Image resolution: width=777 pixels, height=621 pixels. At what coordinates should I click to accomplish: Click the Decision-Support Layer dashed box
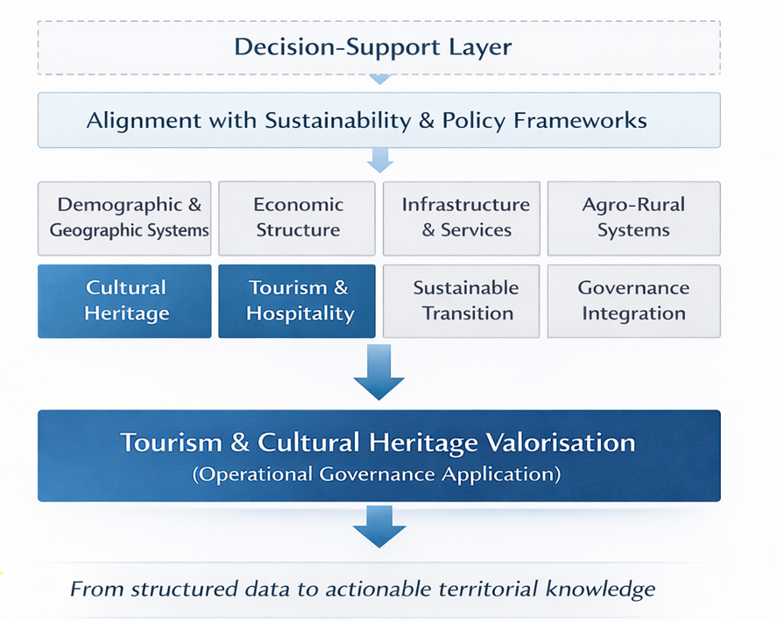tap(379, 47)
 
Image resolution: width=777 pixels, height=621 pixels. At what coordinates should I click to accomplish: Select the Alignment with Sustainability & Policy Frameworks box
tap(379, 120)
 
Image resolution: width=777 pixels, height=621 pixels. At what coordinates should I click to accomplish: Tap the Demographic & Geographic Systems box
tap(124, 219)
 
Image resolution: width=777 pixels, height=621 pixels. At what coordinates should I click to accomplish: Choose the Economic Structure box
tap(297, 219)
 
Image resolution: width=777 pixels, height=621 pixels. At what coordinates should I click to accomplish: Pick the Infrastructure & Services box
tap(462, 219)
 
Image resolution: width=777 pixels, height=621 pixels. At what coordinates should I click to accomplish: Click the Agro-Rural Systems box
tap(634, 219)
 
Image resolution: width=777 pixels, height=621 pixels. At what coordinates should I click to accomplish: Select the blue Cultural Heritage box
tap(124, 301)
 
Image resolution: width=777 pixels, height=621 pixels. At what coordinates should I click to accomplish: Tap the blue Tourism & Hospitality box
tap(297, 301)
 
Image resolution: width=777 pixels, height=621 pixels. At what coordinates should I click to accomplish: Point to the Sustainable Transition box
tap(462, 301)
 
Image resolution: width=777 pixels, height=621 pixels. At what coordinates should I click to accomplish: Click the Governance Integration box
tap(634, 301)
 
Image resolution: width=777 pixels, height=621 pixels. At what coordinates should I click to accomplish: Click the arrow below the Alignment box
tap(380, 160)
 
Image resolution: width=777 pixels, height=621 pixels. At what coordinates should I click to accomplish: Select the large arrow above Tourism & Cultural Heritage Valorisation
tap(379, 372)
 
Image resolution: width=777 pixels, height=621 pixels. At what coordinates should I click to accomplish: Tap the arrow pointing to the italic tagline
tap(379, 526)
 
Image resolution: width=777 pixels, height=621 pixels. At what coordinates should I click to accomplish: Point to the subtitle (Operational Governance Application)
tap(377, 475)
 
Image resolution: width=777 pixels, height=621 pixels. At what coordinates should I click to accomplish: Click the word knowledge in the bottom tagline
tap(600, 589)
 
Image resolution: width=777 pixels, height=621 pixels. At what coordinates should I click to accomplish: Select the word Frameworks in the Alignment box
tap(580, 120)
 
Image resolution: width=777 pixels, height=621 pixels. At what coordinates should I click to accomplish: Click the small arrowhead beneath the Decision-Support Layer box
tap(380, 80)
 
